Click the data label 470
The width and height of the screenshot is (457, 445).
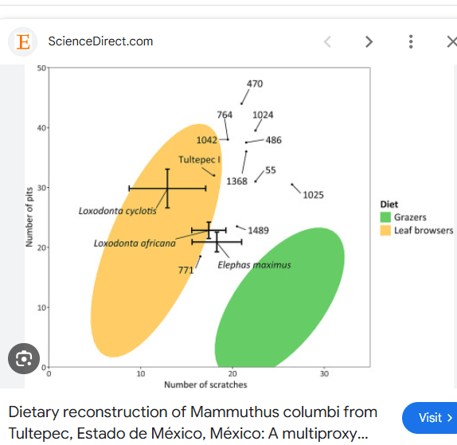[x=255, y=84]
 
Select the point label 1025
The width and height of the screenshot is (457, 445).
[x=314, y=195]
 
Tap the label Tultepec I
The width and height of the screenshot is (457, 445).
[x=199, y=160]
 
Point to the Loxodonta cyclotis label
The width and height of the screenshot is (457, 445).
[x=118, y=211]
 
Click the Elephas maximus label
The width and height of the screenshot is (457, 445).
[x=254, y=265]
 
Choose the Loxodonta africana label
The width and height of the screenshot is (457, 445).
[x=135, y=244]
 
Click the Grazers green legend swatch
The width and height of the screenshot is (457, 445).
[x=385, y=217]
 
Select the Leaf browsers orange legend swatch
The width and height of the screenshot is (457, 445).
[x=385, y=230]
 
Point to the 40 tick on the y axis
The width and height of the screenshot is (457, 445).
[x=41, y=128]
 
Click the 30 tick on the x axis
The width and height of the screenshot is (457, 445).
[x=324, y=374]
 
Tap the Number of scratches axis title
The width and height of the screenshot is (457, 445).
[x=205, y=384]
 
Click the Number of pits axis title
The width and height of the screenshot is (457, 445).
[x=29, y=217]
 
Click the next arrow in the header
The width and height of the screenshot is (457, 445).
[x=369, y=41]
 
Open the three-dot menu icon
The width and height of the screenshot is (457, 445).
[x=411, y=41]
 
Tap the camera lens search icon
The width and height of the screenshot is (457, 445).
[x=24, y=358]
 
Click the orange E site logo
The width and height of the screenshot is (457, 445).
[x=23, y=41]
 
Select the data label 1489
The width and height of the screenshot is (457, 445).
[x=258, y=231]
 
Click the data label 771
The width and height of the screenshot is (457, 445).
[x=186, y=271]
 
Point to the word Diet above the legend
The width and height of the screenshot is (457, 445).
[x=389, y=205]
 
